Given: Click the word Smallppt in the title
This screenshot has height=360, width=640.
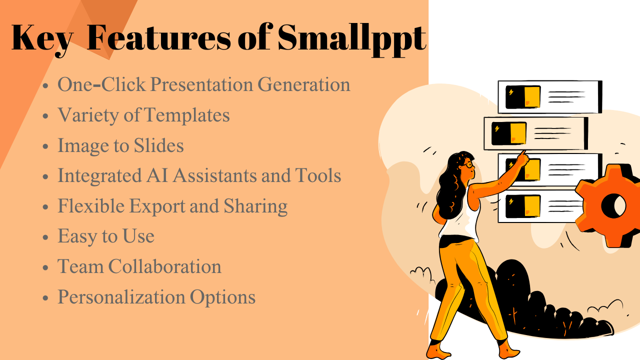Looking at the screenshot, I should tap(351, 38).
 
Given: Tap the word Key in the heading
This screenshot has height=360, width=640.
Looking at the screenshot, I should tap(41, 38).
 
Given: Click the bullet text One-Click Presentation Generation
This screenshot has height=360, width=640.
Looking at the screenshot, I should tap(203, 84).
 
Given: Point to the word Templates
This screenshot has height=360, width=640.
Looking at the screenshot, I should tap(187, 115).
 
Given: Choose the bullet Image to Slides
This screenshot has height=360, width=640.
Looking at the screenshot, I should tap(120, 145).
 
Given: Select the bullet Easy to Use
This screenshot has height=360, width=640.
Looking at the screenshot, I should tap(106, 236).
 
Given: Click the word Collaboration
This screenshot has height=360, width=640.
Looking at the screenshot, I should tap(165, 266).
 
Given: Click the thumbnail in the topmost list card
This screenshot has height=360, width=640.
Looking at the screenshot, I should tap(523, 97).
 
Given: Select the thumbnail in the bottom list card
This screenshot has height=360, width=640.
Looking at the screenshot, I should tap(523, 206).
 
